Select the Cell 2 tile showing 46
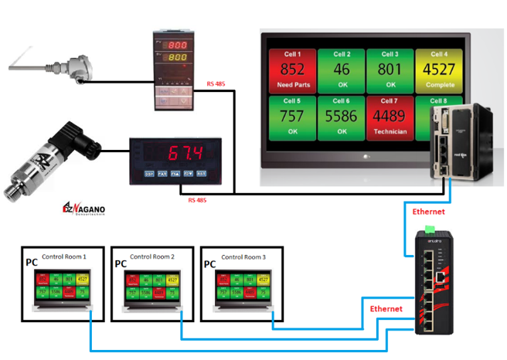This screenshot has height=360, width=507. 342,70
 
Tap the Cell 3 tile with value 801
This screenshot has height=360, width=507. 390,70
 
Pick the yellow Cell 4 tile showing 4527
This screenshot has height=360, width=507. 439,70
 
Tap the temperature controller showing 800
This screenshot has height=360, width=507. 172,70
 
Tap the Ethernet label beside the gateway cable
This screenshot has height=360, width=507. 429,211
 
